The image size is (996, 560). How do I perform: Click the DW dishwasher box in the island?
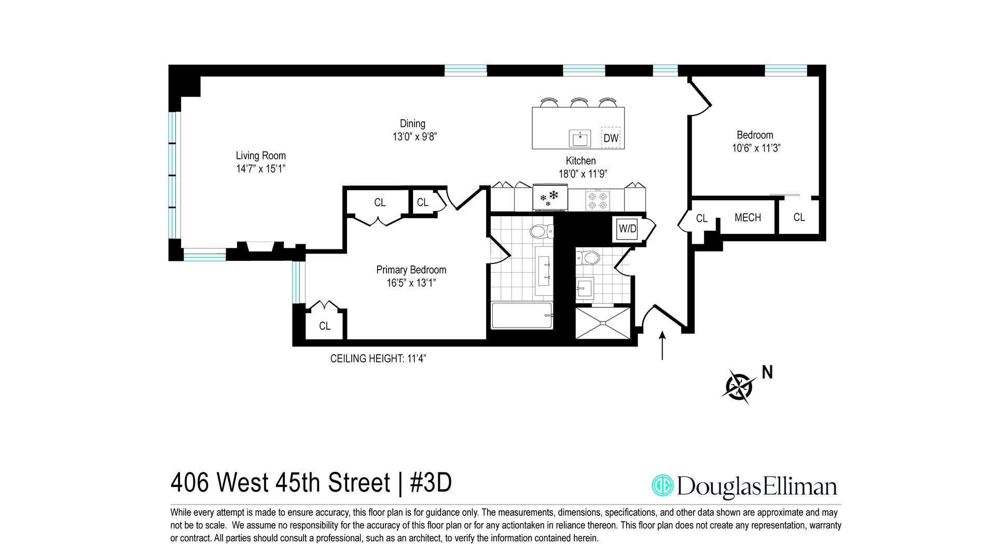pos(611,138)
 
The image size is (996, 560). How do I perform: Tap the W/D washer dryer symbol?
pos(627,229)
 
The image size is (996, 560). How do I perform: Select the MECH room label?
pos(748,218)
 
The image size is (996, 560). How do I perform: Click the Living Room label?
pos(260,156)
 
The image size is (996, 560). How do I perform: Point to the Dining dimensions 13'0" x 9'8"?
pos(414,137)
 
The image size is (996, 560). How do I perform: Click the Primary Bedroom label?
pos(411,270)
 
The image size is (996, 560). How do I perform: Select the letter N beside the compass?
pos(767,372)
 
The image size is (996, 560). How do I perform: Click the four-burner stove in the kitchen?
pos(597,201)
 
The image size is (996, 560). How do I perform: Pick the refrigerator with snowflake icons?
pos(550,199)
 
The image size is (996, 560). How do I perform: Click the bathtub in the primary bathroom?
pos(521,315)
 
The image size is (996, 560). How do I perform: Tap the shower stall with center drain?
pos(603,323)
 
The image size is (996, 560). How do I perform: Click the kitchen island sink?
pos(580,138)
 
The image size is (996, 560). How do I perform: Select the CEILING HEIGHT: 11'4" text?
pos(378,358)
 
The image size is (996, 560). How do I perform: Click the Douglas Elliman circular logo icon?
pos(662,485)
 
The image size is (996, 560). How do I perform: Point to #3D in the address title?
pos(431,483)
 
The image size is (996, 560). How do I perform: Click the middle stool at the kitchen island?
pos(579,103)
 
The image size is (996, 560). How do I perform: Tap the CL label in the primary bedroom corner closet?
pos(325,326)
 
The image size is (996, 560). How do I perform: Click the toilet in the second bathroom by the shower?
pos(589,258)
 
